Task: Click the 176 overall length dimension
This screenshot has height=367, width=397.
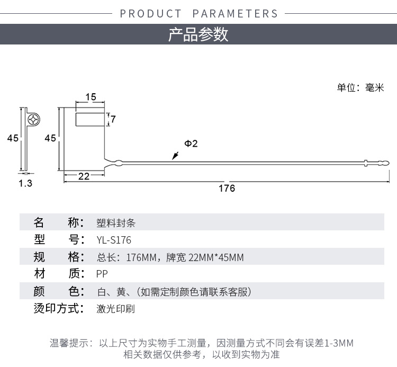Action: pos(227,188)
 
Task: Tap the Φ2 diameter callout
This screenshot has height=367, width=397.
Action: pos(191,144)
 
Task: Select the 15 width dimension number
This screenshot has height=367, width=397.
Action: pos(91,97)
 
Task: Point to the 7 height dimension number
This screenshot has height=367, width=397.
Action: pos(113,119)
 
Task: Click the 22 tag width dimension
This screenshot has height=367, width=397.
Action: pos(84,176)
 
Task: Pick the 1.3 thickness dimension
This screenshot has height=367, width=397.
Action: pos(25,183)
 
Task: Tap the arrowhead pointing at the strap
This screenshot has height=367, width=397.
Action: pos(175,156)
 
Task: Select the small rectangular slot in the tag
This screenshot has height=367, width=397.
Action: pos(90,119)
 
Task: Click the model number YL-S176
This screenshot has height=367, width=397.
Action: pos(114,240)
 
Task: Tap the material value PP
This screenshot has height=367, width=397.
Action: pos(102,274)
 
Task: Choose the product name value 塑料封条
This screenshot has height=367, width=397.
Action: pos(116,223)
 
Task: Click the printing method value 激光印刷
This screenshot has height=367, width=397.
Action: pos(116,309)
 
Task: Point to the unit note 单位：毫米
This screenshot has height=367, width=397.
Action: pos(360,87)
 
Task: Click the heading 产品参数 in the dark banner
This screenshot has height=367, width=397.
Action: pos(198,34)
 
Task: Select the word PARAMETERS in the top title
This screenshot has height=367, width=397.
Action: pos(235,14)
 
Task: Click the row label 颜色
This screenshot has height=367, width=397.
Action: pos(59,291)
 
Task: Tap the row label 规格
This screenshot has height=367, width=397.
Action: pos(59,257)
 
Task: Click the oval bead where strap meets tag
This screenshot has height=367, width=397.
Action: pos(118,163)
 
